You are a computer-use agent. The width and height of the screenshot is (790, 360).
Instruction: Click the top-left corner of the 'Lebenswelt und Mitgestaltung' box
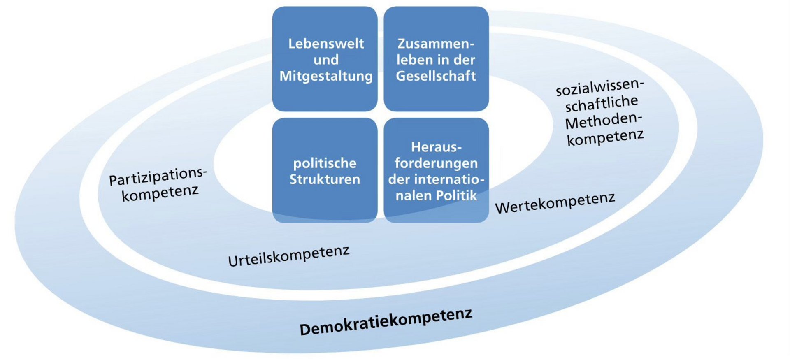coord(273,7)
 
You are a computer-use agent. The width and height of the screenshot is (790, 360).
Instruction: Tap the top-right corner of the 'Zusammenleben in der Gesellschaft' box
coord(488,7)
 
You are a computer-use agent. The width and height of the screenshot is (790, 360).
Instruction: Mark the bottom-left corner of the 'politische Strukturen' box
coord(273,222)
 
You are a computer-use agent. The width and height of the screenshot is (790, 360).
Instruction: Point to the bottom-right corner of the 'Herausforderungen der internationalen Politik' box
coord(488,222)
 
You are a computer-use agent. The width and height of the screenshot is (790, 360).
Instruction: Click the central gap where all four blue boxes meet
coord(381,115)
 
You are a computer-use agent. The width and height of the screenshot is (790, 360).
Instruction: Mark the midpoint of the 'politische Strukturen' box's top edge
coord(325,118)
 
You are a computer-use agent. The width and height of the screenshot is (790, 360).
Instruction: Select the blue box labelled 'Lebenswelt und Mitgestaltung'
coord(325,59)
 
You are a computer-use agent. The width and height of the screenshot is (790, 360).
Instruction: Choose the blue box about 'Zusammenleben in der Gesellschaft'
coord(436,59)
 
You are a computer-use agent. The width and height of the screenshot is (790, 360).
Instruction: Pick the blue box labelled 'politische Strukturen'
coord(325,170)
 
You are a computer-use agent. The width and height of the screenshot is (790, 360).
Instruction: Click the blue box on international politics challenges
coord(436,170)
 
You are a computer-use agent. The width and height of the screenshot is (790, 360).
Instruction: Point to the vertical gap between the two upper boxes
coord(381,59)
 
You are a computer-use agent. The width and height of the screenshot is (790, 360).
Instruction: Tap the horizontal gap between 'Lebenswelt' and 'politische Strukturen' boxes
coord(325,115)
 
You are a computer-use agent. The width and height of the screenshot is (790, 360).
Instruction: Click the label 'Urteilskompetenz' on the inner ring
coord(289,256)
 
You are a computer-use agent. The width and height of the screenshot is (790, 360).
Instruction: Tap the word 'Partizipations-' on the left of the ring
coord(158,177)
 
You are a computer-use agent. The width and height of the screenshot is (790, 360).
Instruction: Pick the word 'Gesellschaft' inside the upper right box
coord(436,76)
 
